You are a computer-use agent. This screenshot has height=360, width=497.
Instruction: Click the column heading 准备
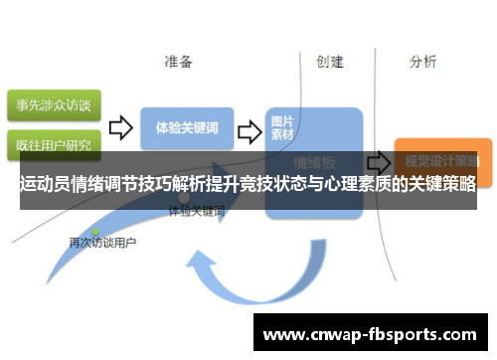180,62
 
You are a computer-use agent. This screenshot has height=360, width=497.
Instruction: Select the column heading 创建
330,62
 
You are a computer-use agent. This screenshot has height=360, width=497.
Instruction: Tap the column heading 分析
422,62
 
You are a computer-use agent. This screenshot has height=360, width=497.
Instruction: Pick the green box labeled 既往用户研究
51,143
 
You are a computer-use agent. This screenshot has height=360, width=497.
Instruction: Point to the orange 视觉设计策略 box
436,159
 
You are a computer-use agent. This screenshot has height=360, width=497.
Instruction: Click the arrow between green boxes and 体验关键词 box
119,127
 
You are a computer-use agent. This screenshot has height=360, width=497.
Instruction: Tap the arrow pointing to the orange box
378,161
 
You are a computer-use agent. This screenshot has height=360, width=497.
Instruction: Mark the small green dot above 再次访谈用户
95,231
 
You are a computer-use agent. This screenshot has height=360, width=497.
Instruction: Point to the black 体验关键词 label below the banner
196,212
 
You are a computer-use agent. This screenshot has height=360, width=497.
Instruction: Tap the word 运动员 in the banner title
46,185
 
